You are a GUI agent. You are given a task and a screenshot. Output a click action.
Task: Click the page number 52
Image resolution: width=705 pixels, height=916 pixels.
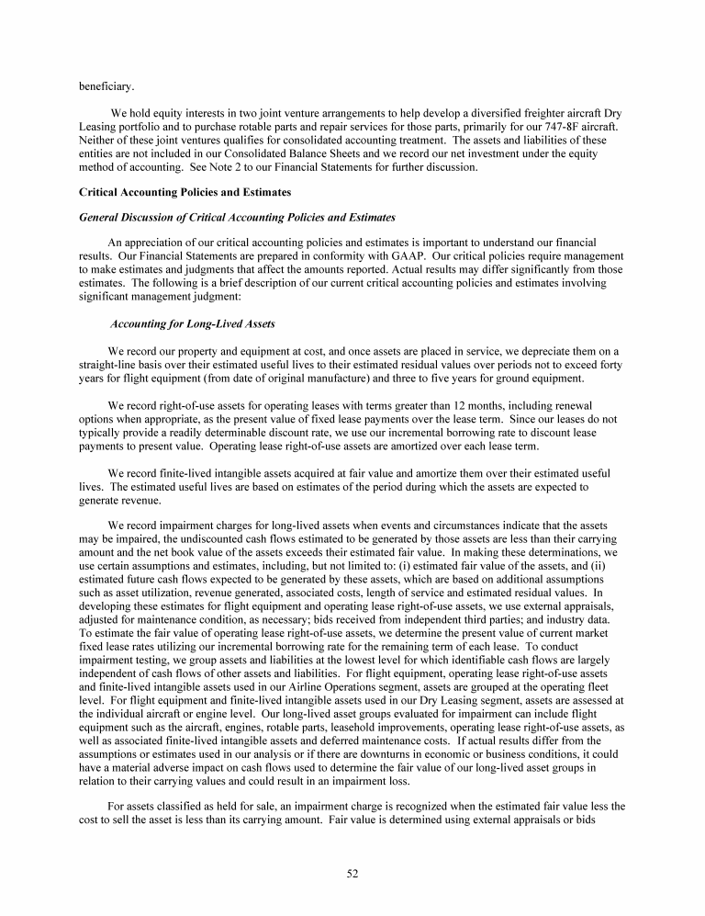click(x=352, y=873)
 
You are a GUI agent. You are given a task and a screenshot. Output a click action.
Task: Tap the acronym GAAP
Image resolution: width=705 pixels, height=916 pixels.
click(x=454, y=256)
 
